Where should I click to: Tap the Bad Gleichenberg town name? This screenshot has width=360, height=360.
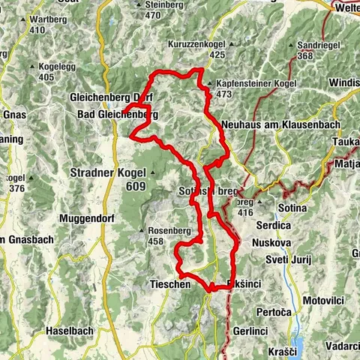118,115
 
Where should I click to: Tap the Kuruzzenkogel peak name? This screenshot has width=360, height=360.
197,44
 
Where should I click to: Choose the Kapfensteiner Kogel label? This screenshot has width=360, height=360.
247,83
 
